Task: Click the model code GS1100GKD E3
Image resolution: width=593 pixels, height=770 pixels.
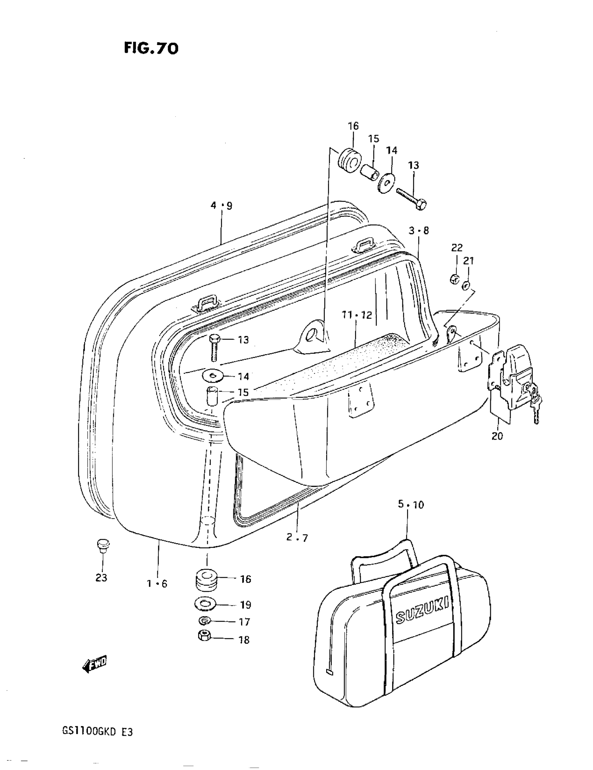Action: click(x=98, y=732)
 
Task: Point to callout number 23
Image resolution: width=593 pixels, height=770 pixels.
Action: click(x=101, y=577)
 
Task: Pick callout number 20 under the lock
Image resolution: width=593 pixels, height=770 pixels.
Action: click(x=497, y=436)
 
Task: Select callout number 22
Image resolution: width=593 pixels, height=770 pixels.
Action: click(x=457, y=248)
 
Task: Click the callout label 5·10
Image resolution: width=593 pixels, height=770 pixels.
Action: click(x=411, y=504)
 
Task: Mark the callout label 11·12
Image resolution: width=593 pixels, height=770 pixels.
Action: click(x=357, y=315)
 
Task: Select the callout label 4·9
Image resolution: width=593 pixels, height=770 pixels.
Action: click(x=222, y=205)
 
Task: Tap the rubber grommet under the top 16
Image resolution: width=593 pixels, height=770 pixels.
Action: click(x=350, y=161)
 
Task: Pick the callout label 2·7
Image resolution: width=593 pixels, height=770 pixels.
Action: click(x=297, y=537)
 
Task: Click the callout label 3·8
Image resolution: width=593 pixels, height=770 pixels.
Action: click(x=419, y=231)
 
